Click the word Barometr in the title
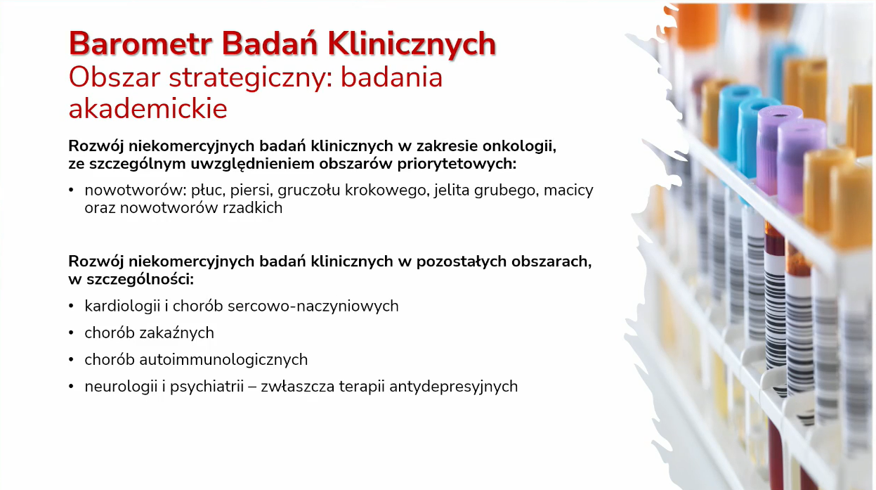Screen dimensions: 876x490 tap(140, 44)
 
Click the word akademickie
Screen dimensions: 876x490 tap(148, 108)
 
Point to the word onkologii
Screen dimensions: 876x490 tap(519, 146)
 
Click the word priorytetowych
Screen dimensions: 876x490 tap(457, 164)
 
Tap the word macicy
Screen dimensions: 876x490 tap(568, 191)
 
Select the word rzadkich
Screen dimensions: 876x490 tap(252, 208)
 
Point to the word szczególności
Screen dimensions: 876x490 tap(140, 279)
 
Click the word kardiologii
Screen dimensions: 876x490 tap(122, 306)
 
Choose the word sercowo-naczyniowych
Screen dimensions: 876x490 tap(313, 306)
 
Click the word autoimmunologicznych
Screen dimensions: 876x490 tap(223, 360)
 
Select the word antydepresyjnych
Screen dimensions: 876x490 tap(454, 387)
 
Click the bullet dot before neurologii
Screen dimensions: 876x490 tap(71, 387)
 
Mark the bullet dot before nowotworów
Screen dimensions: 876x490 tap(71, 191)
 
